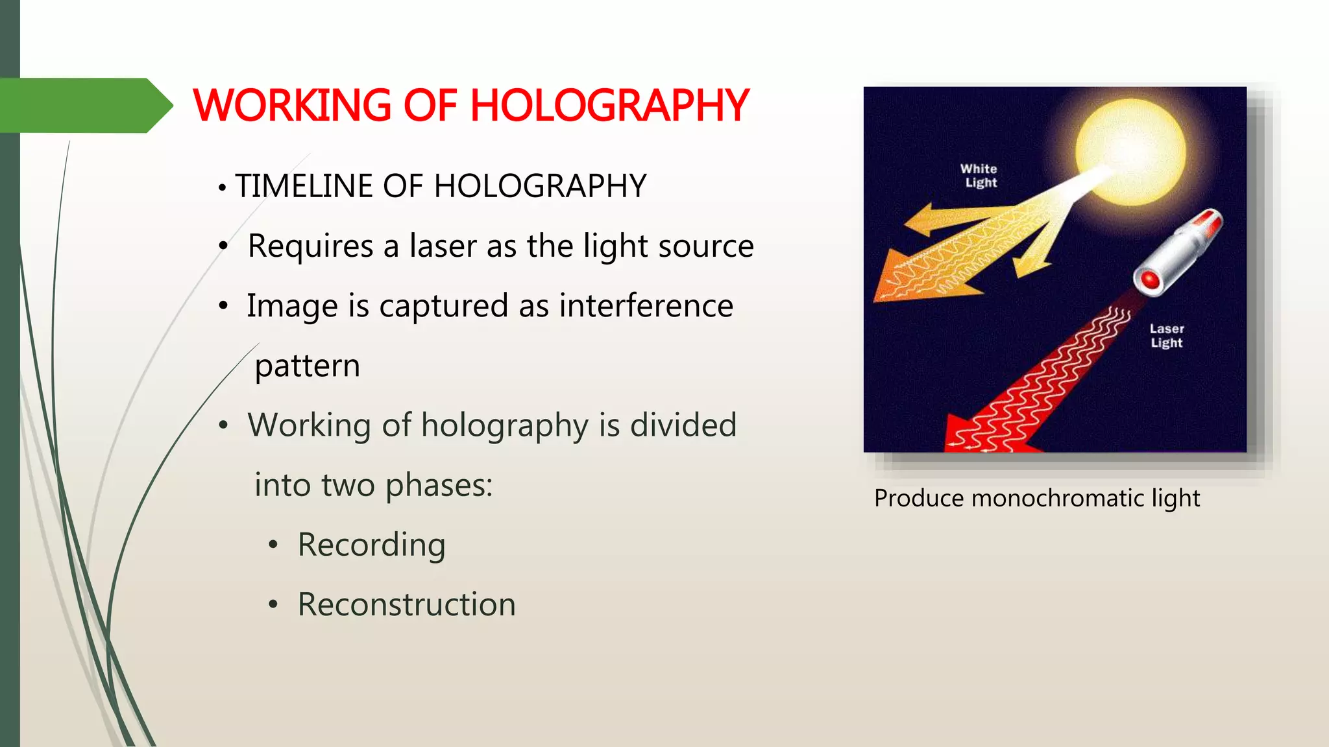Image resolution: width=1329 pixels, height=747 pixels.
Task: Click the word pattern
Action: [x=307, y=366]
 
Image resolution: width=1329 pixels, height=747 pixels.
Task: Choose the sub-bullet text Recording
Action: [x=371, y=545]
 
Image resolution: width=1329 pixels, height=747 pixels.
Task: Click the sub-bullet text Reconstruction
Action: [x=406, y=605]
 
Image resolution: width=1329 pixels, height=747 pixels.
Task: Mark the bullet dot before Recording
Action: [x=273, y=545]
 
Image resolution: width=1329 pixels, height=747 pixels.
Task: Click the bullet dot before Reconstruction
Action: [x=273, y=605]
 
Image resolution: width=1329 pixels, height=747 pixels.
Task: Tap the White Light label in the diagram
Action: [x=979, y=176]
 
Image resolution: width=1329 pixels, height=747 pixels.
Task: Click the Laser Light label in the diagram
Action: [x=1167, y=336]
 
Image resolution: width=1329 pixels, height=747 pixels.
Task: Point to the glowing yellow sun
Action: [x=1130, y=152]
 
